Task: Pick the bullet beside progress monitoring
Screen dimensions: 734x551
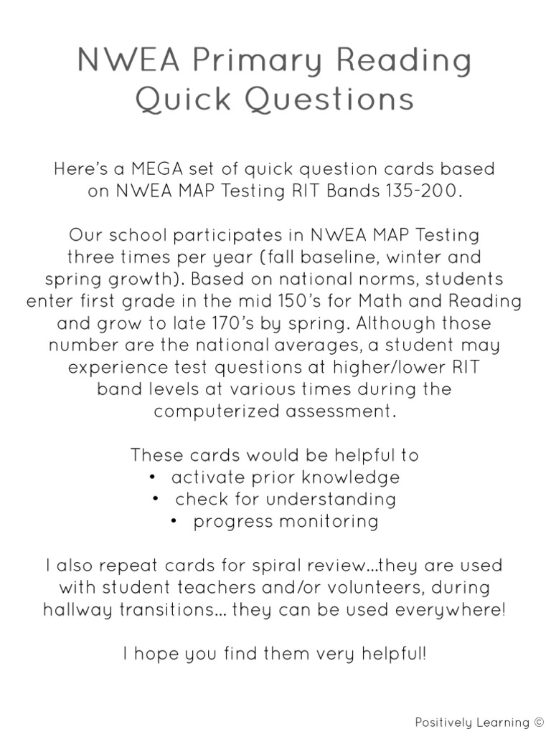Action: [174, 521]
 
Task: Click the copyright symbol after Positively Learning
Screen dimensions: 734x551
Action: [539, 722]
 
